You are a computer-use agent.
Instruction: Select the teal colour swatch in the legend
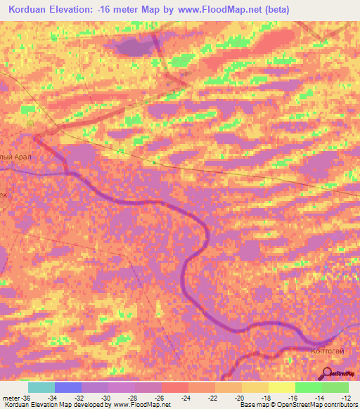(41, 387)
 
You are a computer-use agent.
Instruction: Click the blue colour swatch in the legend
(68, 387)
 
